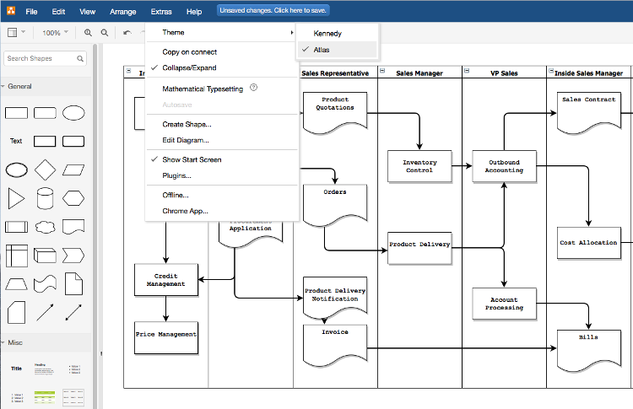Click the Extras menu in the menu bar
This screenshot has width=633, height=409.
tap(161, 12)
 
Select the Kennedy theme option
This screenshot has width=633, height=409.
tap(327, 33)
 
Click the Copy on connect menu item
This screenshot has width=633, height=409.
tap(189, 52)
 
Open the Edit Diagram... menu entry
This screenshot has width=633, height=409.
tap(186, 140)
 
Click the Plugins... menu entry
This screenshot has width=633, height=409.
tap(176, 175)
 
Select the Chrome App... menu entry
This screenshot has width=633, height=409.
tap(185, 211)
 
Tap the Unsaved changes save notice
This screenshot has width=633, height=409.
tap(273, 11)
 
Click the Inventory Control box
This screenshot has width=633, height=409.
tap(419, 166)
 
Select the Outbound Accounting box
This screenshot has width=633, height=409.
tap(503, 166)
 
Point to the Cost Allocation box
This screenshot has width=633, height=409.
tap(588, 243)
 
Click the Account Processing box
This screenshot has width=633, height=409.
tap(503, 304)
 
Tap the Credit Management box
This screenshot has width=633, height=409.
tap(165, 280)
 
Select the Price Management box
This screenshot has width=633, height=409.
tap(165, 336)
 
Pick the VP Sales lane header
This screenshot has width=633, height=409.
tap(504, 73)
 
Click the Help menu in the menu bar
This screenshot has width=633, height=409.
tap(194, 12)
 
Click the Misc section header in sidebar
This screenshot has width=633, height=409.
tap(16, 342)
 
